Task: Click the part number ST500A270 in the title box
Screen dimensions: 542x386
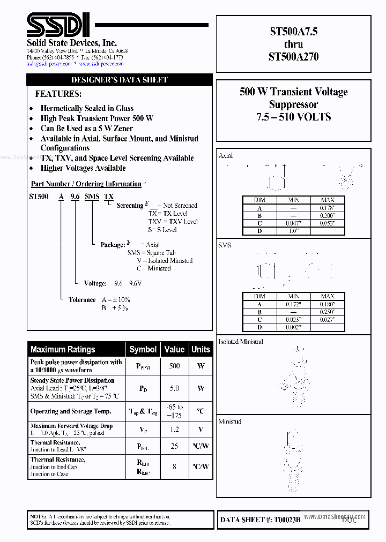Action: click(293, 56)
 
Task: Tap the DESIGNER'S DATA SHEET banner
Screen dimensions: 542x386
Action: click(120, 80)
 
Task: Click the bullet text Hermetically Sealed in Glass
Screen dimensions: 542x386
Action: click(87, 108)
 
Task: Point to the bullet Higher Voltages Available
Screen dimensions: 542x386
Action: click(83, 168)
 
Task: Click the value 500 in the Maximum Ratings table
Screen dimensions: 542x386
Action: click(174, 366)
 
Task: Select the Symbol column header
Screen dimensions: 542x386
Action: click(143, 349)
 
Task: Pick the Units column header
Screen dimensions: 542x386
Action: click(201, 349)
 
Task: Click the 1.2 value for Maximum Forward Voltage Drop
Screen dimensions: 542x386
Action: click(174, 430)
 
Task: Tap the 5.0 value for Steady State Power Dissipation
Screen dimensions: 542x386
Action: click(174, 388)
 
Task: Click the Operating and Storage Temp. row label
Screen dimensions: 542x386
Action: click(71, 411)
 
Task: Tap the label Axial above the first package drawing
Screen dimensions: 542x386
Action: click(226, 156)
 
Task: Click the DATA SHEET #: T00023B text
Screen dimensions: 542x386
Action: click(260, 520)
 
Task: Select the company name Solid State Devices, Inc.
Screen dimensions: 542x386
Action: click(72, 43)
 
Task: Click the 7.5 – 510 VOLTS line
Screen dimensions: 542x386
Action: click(293, 117)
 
